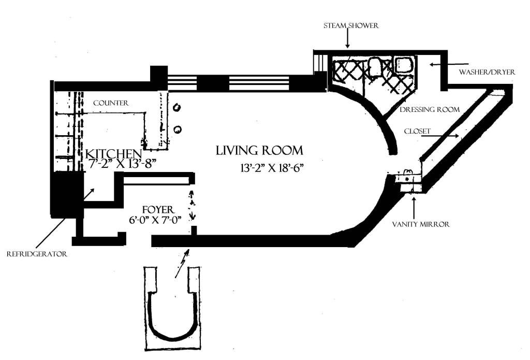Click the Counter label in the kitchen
(x=111, y=103)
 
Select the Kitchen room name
(x=113, y=154)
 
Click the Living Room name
(x=259, y=151)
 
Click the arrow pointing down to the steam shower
(x=348, y=39)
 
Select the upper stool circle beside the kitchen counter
(x=177, y=107)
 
